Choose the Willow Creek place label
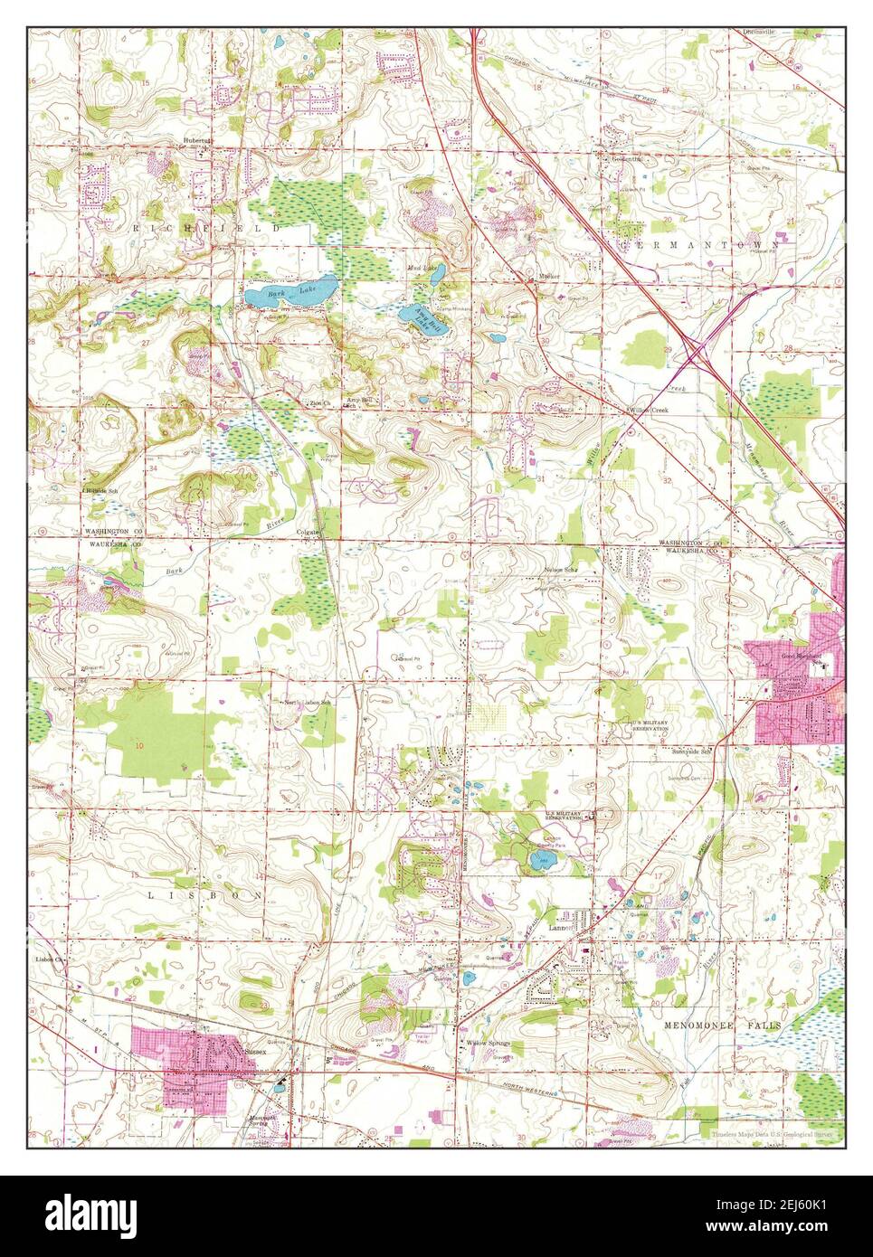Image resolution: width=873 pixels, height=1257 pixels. pos(649,410)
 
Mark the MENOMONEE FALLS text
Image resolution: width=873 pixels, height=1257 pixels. pos(721,1025)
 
